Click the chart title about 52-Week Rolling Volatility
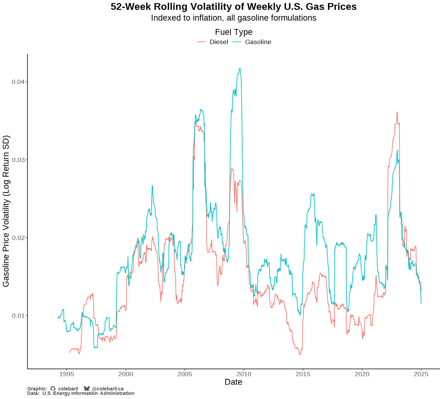(233, 7)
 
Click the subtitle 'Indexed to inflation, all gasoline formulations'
(233, 18)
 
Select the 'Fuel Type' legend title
(233, 32)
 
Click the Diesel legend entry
(219, 42)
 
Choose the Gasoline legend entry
(258, 42)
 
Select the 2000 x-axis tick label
(126, 374)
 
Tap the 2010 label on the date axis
(244, 374)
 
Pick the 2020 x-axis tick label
(362, 374)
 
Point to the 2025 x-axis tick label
(421, 374)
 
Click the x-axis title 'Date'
(233, 382)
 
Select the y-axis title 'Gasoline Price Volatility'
(6, 211)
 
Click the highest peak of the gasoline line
(240, 68)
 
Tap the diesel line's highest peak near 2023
(397, 112)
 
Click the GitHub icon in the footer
(53, 389)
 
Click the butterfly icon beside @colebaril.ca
(87, 389)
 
